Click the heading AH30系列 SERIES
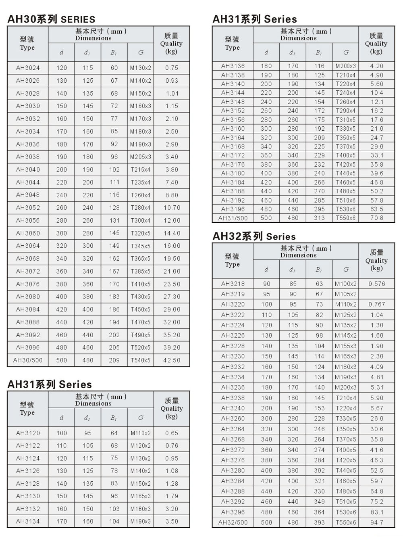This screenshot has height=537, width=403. [x=51, y=19]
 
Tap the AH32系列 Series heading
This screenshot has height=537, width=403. [x=254, y=236]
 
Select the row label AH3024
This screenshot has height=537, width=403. [x=28, y=68]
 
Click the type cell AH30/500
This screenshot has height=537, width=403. [x=28, y=360]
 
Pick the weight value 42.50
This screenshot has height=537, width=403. [x=172, y=360]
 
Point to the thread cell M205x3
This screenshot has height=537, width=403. [x=141, y=157]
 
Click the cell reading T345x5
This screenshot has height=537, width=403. [x=141, y=246]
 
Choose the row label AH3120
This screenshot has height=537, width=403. [x=28, y=433]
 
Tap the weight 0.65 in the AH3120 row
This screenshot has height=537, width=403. [x=172, y=433]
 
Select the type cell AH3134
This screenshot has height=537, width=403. [x=28, y=521]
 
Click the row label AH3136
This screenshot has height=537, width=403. [x=233, y=66]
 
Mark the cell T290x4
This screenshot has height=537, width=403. [x=346, y=111]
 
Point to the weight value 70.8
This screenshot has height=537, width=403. [x=377, y=218]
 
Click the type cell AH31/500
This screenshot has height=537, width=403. [x=233, y=218]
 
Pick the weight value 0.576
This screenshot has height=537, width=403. [x=377, y=284]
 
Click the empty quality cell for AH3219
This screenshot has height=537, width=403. [x=377, y=294]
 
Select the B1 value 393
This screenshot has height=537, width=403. [x=319, y=522]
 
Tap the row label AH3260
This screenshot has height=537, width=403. [x=233, y=418]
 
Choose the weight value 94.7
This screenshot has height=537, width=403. [x=377, y=522]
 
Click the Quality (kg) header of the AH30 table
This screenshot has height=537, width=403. [x=172, y=44]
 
